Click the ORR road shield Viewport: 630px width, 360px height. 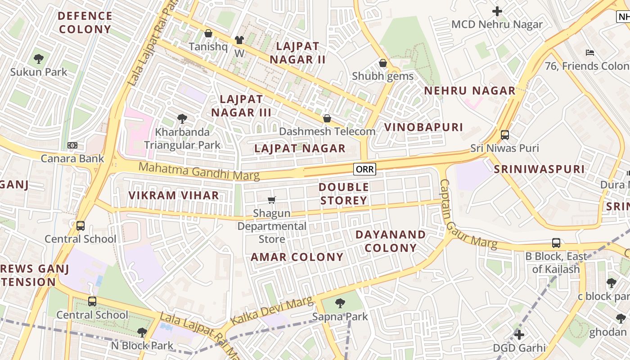pos(364,169)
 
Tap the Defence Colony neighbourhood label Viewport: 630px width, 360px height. pos(85,22)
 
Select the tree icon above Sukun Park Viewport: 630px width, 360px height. pos(39,58)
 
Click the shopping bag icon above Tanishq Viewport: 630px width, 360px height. pos(208,33)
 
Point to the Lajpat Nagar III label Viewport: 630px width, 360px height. pos(241,106)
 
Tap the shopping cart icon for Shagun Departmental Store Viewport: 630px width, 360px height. pos(271,200)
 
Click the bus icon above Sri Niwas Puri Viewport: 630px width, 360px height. pos(504,135)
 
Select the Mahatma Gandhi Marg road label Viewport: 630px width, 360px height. pos(199,171)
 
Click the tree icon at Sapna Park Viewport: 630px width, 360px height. pos(340,303)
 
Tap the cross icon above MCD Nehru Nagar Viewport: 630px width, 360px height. pos(497,11)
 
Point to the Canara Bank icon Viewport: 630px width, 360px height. pos(72,145)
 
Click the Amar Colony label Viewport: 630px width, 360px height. pos(297,257)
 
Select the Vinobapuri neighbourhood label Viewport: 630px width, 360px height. pos(423,127)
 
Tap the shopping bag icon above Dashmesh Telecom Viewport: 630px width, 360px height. pos(327,118)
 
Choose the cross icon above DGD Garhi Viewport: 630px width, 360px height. pos(519,335)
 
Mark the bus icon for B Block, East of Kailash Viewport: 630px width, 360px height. pos(556,243)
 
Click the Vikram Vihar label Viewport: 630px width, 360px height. pos(174,196)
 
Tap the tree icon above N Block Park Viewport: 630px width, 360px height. pos(142,333)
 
